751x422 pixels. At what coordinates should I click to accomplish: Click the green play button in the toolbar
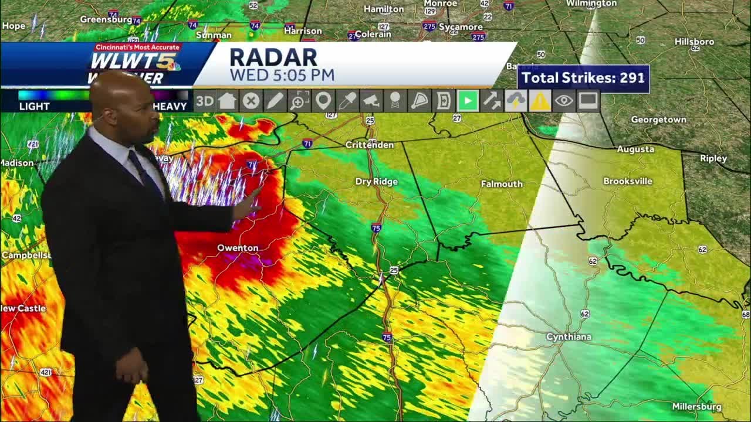[x=468, y=101]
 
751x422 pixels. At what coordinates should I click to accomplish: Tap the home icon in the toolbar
[x=227, y=101]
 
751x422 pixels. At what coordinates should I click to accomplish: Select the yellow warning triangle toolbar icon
[x=539, y=101]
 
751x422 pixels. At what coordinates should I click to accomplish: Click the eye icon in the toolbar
[x=563, y=101]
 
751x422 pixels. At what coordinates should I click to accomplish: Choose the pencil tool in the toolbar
[x=275, y=101]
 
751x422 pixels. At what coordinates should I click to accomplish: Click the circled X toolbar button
[x=251, y=101]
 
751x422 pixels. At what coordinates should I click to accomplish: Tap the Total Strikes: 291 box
[x=583, y=78]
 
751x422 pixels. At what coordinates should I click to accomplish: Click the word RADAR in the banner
[x=273, y=57]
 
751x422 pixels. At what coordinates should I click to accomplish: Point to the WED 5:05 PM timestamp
[x=282, y=75]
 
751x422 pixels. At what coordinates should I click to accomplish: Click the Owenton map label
[x=238, y=248]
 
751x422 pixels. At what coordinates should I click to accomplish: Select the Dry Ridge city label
[x=376, y=182]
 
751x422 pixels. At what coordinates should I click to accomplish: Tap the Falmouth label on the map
[x=502, y=184]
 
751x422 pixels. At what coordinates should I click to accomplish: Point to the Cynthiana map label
[x=569, y=337]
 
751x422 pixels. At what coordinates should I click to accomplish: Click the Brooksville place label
[x=628, y=181]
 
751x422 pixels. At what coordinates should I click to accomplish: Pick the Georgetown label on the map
[x=658, y=120]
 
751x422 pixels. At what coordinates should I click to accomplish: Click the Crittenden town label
[x=370, y=145]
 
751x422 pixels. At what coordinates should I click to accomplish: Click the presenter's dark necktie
[x=144, y=170]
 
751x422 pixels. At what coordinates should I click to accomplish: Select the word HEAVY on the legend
[x=170, y=106]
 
